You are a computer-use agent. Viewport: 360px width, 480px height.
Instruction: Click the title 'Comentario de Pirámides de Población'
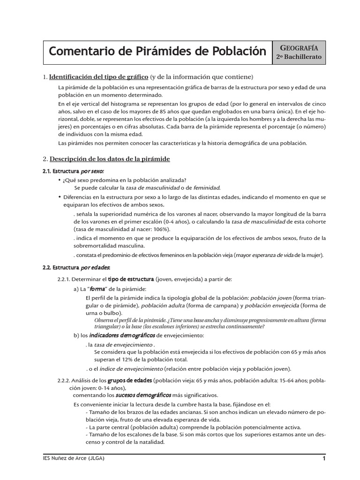coord(157,51)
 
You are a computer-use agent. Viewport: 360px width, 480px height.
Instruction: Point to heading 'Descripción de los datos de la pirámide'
coord(110,159)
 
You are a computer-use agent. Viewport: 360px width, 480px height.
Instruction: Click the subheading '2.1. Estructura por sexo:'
coord(73,172)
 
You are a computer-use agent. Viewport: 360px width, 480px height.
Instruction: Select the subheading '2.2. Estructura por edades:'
coord(76,267)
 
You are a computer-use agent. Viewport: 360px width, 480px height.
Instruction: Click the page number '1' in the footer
coord(323,458)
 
